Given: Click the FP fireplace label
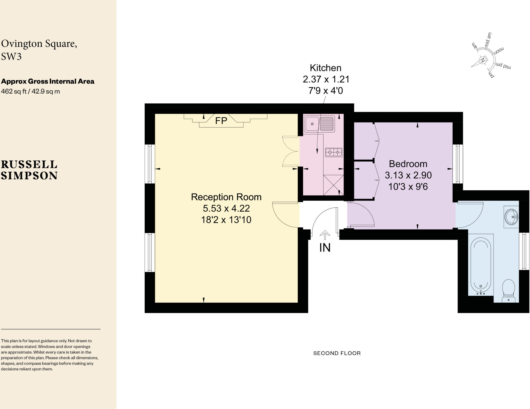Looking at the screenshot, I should click(221, 121).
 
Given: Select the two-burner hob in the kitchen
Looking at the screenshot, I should click(334, 153).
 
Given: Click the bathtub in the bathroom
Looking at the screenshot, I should click(481, 266).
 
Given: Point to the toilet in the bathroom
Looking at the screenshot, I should click(509, 290).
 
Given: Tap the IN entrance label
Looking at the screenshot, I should click(325, 248).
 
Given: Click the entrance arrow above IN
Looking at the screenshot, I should click(325, 235).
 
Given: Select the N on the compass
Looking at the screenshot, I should click(483, 60).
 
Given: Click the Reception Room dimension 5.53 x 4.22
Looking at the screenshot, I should click(226, 208).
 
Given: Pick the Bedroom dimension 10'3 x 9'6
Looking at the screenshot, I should click(408, 186).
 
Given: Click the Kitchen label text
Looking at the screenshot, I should click(326, 68).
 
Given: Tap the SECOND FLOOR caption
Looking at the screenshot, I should click(337, 353).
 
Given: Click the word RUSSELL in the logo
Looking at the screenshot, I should click(29, 164).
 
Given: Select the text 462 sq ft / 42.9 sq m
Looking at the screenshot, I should click(31, 91).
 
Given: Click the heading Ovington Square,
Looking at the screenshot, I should click(39, 44).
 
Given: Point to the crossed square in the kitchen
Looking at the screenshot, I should click(334, 185).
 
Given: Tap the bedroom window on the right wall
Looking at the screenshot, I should click(458, 164).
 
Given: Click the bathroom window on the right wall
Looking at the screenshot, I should click(524, 251).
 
